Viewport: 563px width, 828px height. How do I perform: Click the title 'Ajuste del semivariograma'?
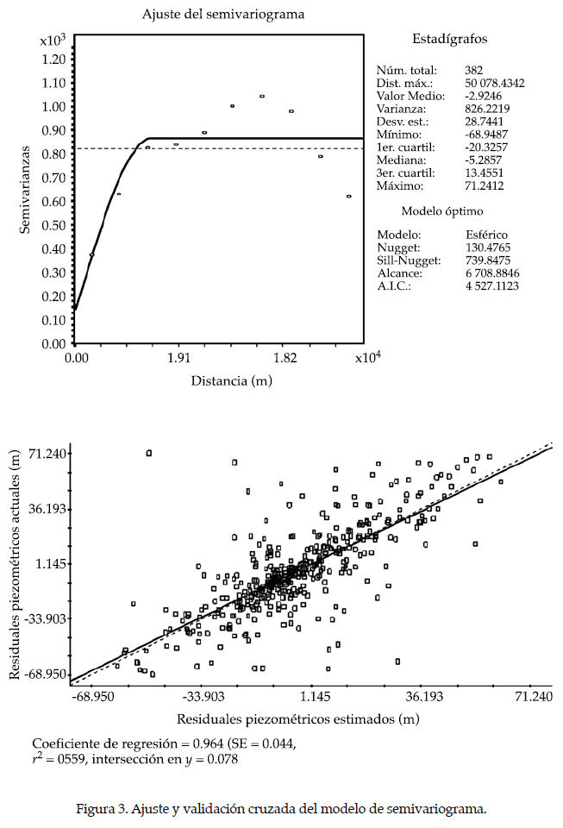coord(223,15)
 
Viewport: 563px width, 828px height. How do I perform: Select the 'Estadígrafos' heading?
coord(449,39)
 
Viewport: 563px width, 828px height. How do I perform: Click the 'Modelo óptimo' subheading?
coord(442,211)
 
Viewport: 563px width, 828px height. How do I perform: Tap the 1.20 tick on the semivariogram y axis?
coord(54,60)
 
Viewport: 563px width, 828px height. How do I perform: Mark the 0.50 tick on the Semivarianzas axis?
coord(54,225)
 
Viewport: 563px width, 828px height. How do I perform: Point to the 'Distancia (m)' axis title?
coord(221,380)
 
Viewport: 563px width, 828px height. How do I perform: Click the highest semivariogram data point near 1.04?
coord(262,97)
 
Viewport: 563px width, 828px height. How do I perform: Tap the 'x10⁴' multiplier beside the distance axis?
coord(366,356)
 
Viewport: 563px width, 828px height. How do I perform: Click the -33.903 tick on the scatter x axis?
coord(203,695)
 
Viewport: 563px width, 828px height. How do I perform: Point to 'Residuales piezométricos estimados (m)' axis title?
coord(298,718)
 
